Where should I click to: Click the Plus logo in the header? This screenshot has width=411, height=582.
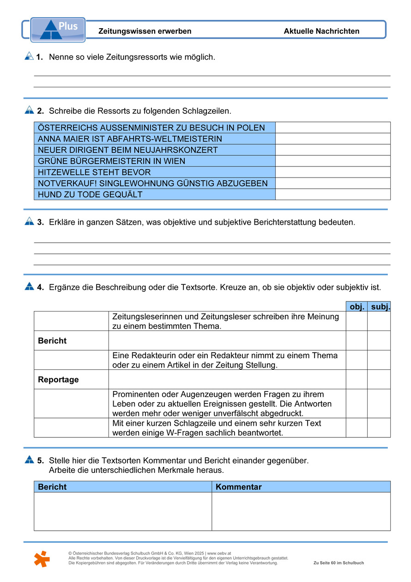pos(58,30)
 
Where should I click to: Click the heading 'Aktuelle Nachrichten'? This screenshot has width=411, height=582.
pos(321,31)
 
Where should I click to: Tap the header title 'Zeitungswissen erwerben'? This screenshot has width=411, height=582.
pos(145,31)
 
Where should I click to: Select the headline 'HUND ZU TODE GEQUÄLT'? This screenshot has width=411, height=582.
pos(90,195)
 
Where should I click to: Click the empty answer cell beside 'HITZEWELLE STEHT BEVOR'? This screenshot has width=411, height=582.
pos(332,172)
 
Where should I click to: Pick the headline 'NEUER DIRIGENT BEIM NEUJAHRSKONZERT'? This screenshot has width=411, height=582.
pos(127,150)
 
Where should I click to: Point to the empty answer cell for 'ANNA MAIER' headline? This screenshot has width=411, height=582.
pos(332,139)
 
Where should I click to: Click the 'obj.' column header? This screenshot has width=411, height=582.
pos(357,306)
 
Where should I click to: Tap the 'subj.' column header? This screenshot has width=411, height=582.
pos(380,306)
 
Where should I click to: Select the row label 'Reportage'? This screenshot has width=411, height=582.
pos(58,380)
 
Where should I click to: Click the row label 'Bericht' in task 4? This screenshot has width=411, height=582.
pos(52,341)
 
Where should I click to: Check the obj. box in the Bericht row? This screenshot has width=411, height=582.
pos(357,341)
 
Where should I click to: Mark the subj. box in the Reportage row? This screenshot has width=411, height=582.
pos(379,380)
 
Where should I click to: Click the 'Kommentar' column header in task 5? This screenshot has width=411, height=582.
pos(239,487)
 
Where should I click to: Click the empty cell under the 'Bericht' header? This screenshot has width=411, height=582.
pos(122,511)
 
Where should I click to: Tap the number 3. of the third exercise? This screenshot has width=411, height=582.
pos(41,222)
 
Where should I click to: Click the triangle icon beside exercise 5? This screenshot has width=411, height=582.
pos(30,459)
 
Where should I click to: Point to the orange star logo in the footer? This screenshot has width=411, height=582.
pos(42,558)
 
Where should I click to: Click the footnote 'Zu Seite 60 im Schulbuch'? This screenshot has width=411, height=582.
pos(338,563)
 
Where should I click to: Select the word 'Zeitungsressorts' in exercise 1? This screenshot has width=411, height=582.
pos(133,57)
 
